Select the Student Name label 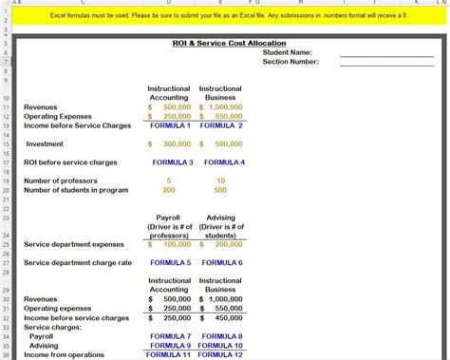click(288, 52)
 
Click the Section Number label click(291, 62)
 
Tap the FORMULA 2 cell click(221, 125)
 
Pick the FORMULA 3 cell click(172, 162)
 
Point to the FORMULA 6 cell click(221, 262)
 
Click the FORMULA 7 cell click(170, 336)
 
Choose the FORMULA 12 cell click(221, 355)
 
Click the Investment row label click(45, 143)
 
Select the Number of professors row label click(63, 180)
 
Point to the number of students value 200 click(169, 190)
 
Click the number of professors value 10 click(221, 180)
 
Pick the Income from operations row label click(67, 355)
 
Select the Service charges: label click(53, 328)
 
